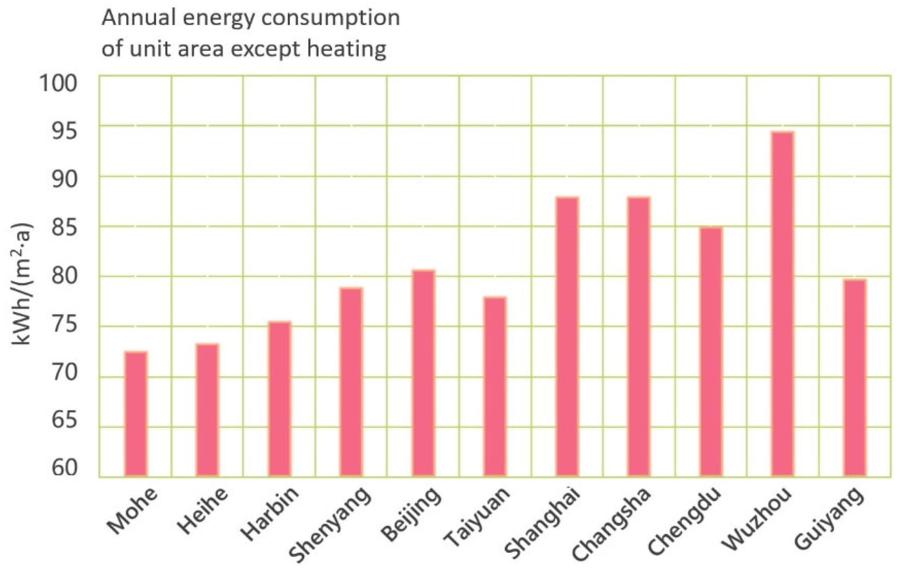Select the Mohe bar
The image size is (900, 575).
point(136,414)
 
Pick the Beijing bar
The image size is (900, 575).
point(423,373)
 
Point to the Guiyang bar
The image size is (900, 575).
point(855,378)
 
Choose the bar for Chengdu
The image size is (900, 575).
point(711,352)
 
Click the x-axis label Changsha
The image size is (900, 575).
point(611,524)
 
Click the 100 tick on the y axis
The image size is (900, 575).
point(58,84)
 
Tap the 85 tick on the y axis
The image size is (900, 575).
point(64,228)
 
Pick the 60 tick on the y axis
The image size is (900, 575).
point(64,469)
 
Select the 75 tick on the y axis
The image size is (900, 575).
point(64,325)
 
